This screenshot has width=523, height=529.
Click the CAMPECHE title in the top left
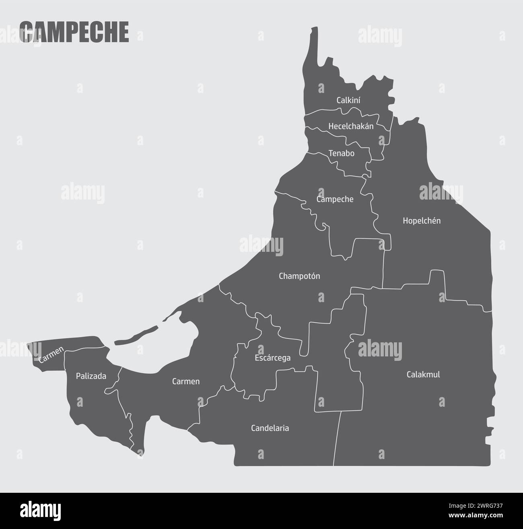74,32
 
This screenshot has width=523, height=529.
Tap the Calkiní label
348,100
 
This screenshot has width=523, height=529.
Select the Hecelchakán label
351,126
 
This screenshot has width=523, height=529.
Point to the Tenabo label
342,153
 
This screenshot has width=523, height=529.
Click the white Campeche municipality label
335,199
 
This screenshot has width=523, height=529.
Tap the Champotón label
299,276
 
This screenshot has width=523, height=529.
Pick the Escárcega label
272,358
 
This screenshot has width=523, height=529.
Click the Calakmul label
423,374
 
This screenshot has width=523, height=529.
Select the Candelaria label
270,428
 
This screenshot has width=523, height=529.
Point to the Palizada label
91,376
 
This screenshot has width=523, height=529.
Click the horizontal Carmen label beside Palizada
186,381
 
